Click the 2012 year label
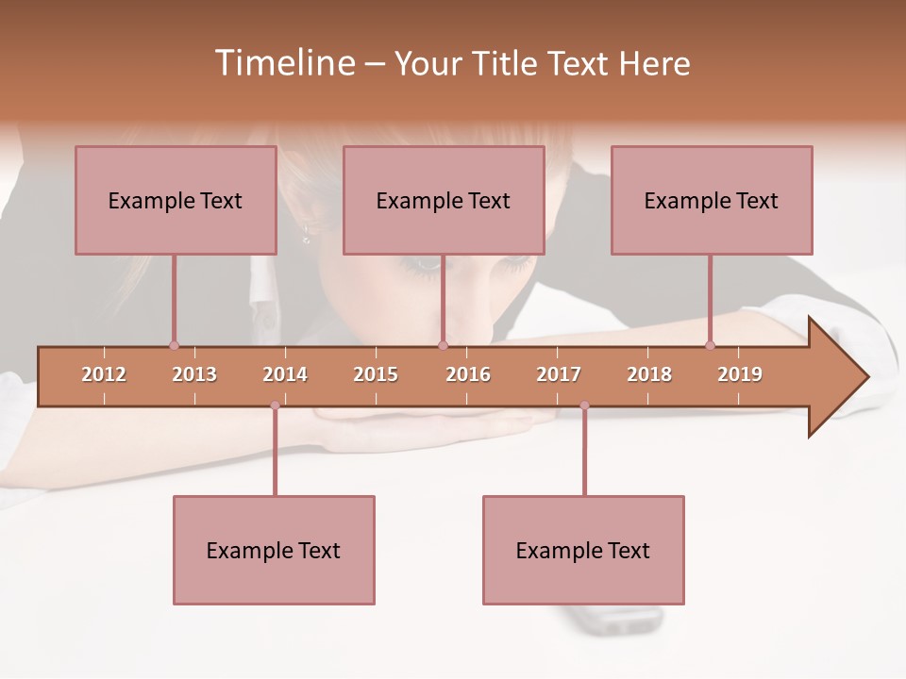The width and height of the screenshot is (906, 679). pos(104,374)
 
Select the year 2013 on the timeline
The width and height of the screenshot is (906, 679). pos(194,374)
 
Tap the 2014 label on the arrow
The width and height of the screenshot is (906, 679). pos(285,374)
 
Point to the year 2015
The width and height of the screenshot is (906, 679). pos(376,374)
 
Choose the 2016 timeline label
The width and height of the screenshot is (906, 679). pos(468,374)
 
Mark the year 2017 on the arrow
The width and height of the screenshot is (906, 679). pos(559,374)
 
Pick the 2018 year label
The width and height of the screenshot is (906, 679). pos(649,374)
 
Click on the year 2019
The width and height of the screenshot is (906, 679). pos(740,374)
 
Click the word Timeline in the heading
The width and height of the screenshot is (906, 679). pos(283,63)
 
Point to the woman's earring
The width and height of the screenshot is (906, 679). pos(307,234)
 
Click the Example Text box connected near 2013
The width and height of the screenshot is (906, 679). pos(176,200)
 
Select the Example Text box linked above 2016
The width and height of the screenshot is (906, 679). pos(444,200)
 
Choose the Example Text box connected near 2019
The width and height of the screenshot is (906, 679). pos(712,200)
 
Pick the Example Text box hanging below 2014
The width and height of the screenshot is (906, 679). pos(274,550)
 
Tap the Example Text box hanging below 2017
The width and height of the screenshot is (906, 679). pos(583,550)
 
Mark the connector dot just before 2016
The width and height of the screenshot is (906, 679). pos(442,345)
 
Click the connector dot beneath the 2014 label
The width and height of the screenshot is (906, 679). pos(275,406)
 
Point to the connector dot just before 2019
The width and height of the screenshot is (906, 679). pos(710,345)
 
